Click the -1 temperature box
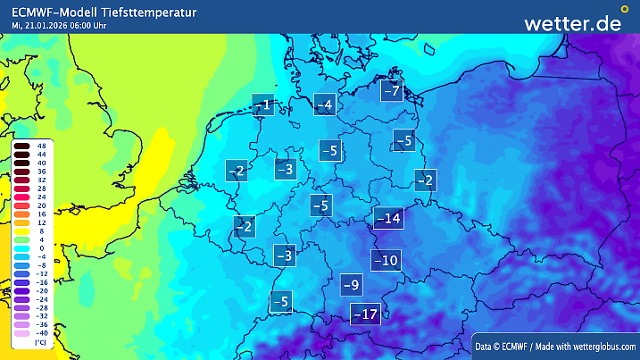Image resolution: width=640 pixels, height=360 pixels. coord(262,105)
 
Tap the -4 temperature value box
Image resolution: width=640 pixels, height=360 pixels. coord(325,105)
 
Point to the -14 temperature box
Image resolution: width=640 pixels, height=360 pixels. coord(388,218)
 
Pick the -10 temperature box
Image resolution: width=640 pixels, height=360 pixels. coord(386,261)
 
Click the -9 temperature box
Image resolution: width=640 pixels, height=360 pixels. coord(352,285)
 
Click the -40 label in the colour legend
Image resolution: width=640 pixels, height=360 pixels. coord(41,333)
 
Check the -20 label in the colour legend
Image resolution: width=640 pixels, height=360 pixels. coord(41,291)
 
